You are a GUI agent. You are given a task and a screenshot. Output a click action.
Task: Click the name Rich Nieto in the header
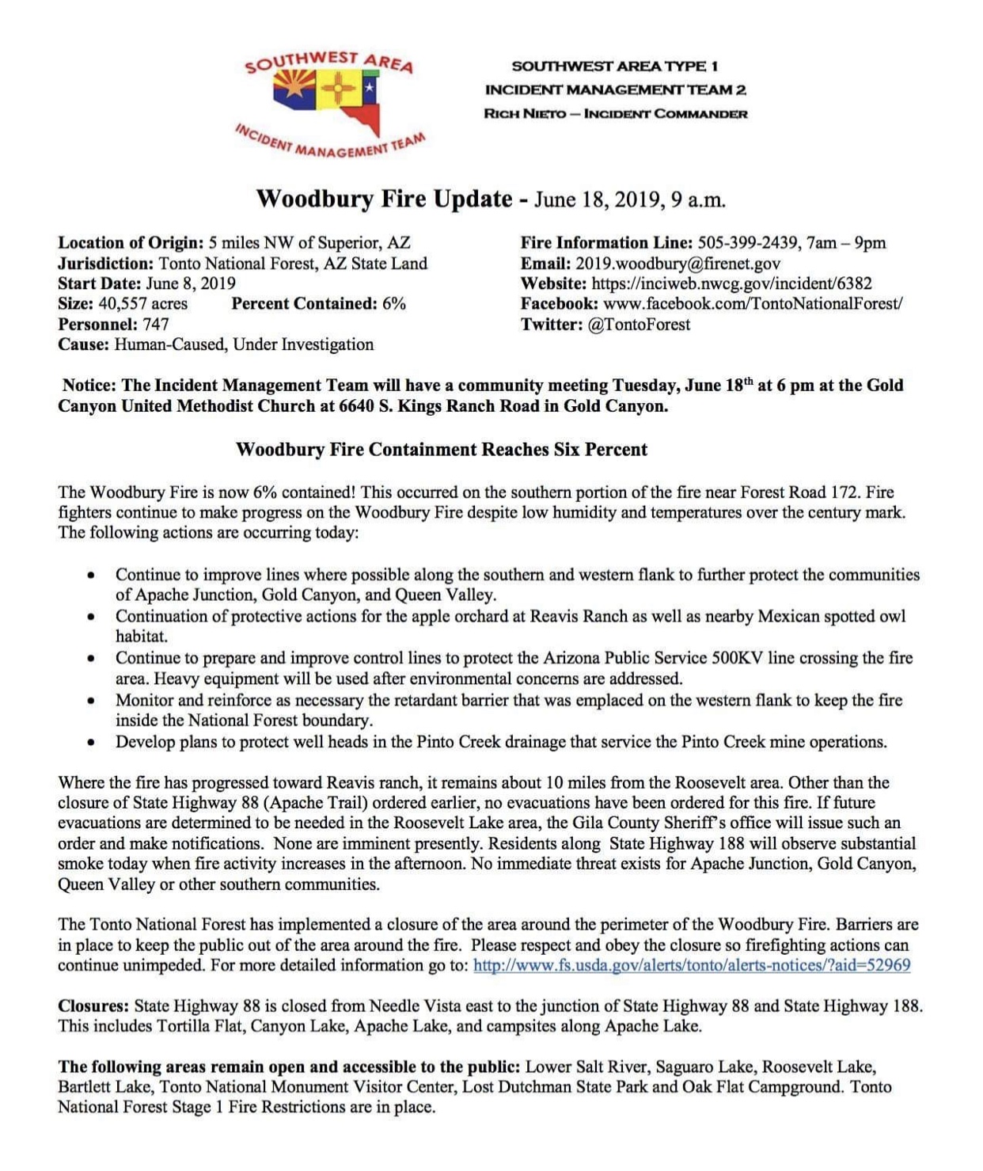click(525, 114)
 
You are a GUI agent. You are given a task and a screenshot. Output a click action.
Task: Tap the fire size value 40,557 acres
click(142, 304)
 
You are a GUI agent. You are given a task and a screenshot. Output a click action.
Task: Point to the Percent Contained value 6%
click(393, 304)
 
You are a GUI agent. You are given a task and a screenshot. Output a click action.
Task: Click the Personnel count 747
click(155, 324)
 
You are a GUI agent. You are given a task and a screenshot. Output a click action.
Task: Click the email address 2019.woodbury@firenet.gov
click(677, 264)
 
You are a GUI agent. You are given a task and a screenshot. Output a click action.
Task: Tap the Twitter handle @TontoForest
click(639, 325)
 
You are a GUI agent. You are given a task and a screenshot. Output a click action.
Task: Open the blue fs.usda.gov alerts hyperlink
click(691, 965)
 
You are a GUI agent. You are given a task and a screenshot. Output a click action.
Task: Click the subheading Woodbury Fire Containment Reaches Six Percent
click(441, 450)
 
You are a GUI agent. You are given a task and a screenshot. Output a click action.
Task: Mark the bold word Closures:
click(93, 1006)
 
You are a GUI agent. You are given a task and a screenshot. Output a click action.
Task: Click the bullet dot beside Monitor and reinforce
click(93, 701)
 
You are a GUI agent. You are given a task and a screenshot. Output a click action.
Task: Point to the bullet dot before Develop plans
click(93, 743)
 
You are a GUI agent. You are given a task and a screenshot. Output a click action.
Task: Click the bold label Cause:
click(83, 344)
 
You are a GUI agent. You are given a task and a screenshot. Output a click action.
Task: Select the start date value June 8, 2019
click(190, 283)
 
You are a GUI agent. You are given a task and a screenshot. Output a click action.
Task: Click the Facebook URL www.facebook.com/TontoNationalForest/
click(752, 304)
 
